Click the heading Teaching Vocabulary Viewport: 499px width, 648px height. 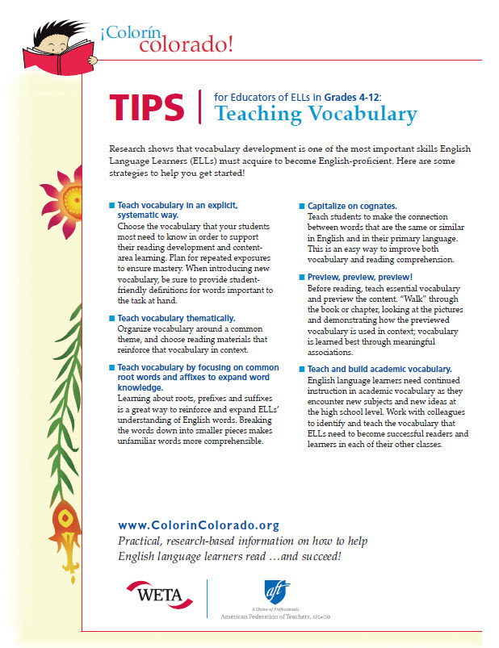point(315,114)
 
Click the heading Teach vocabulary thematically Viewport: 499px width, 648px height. point(176,319)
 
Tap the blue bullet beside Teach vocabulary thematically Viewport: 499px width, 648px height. point(111,319)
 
